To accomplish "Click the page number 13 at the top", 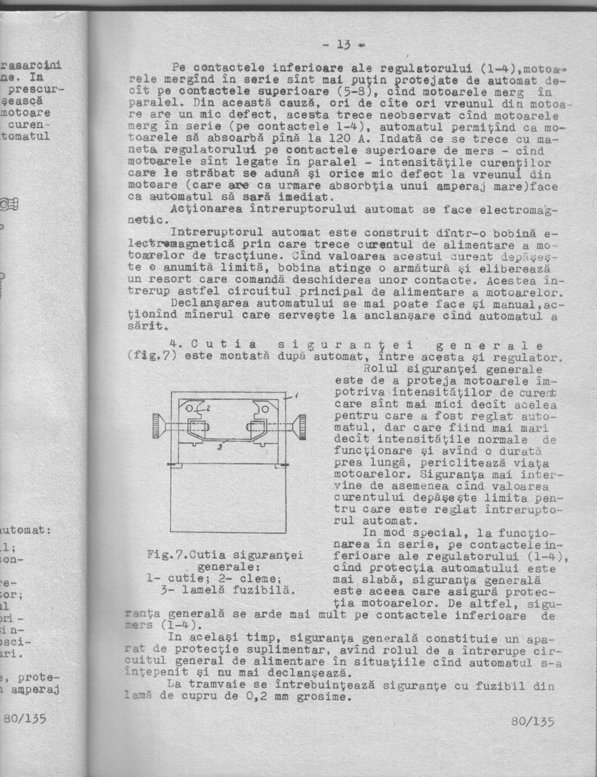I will [x=344, y=46].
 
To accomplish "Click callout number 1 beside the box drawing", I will [x=296, y=395].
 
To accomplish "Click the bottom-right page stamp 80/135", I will [x=533, y=721].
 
